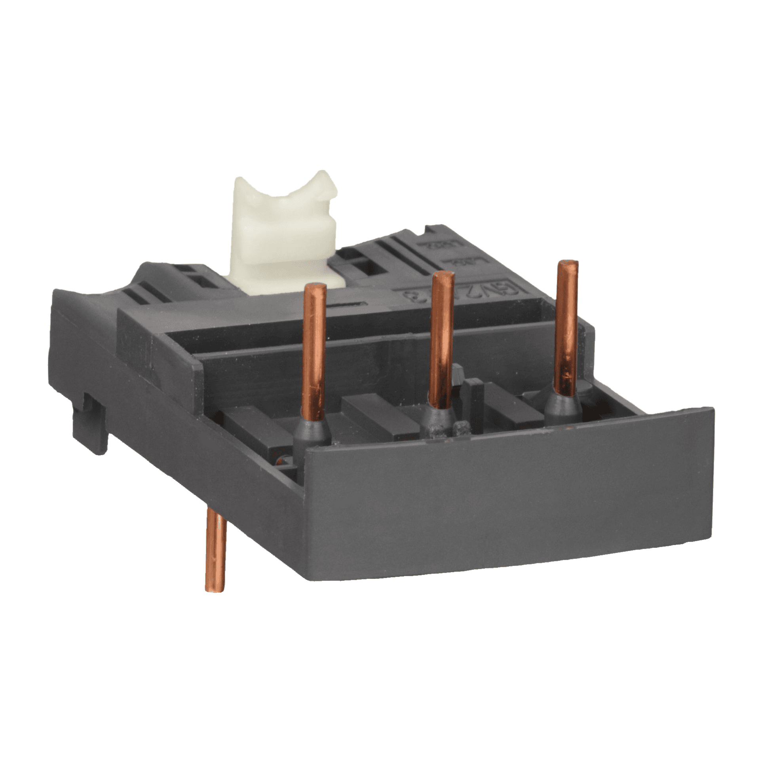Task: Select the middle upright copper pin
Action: pos(442,340)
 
